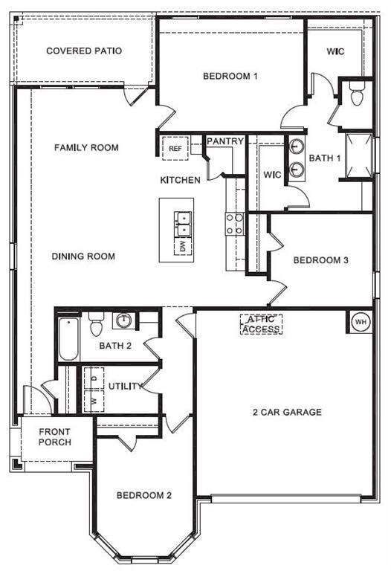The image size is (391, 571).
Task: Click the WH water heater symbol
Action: (361, 322)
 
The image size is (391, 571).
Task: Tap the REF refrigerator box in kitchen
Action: (175, 149)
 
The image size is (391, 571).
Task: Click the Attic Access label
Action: (261, 324)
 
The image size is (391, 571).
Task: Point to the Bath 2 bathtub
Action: (68, 339)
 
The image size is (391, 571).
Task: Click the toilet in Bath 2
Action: (96, 326)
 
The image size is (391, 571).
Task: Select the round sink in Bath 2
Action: (123, 321)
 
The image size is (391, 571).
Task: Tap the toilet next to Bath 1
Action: (356, 95)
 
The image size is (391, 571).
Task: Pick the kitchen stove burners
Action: (235, 224)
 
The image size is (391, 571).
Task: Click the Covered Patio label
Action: (84, 51)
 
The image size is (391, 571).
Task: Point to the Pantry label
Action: (225, 141)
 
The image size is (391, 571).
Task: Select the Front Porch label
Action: (55, 436)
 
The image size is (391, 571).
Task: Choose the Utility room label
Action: (124, 387)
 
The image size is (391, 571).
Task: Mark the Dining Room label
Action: (83, 257)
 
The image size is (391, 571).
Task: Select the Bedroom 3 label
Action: (320, 260)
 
